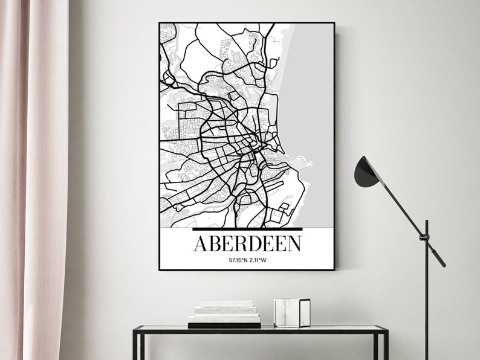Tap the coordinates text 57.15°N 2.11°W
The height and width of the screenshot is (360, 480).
point(247,260)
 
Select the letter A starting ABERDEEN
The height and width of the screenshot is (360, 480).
point(201,243)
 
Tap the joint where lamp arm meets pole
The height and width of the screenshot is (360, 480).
point(426,233)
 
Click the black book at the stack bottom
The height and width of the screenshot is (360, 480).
point(224,325)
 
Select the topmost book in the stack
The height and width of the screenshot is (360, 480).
point(226,303)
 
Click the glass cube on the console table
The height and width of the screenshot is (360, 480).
point(291,313)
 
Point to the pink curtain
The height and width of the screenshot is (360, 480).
point(33,181)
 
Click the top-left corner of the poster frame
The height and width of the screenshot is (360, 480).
point(160,23)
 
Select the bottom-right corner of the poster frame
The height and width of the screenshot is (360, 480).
point(334,269)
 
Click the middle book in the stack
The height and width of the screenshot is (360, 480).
point(226,310)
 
